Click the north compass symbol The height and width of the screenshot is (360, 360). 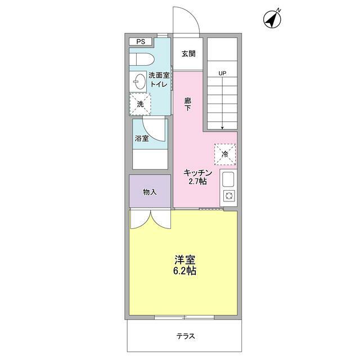pos(273,19)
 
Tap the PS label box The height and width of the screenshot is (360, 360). pos(140,42)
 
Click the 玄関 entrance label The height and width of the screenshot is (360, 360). pos(188,54)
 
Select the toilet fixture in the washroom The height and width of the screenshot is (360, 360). pos(141,59)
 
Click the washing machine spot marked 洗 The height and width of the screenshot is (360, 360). pos(141,103)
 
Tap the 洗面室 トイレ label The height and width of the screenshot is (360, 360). pos(158,79)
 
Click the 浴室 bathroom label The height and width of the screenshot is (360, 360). pos(142,138)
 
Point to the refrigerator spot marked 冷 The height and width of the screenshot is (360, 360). pos(225,154)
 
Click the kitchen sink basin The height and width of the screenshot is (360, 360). pos(228,180)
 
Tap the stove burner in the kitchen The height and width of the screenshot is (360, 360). pos(229,196)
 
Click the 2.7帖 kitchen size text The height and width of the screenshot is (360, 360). pos(197,182)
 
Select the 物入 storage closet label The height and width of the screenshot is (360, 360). pos(150,192)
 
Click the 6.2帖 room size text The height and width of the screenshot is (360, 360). pos(184,271)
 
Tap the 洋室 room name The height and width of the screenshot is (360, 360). pos(184,260)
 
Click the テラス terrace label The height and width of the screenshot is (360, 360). pos(186,336)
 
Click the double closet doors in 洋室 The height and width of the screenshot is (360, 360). pos(150,219)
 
